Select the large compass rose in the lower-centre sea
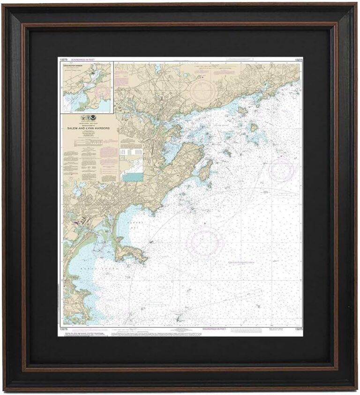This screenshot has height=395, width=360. pos(205,241)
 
